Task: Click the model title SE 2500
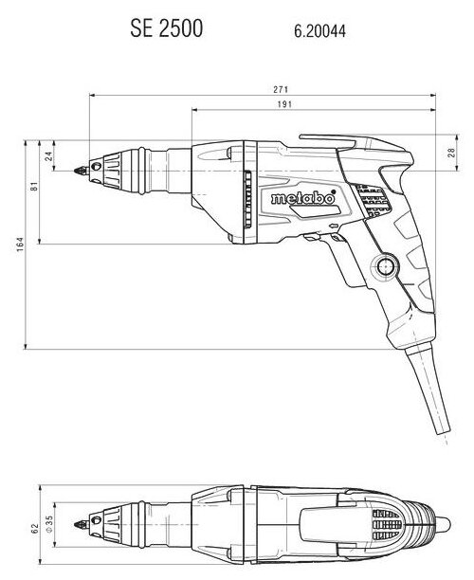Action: (x=167, y=28)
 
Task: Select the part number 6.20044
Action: (x=320, y=30)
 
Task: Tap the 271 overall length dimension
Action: (x=281, y=89)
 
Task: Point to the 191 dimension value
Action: (x=284, y=104)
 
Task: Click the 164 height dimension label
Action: (x=20, y=245)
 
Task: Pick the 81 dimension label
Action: (x=34, y=186)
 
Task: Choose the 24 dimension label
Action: (x=49, y=156)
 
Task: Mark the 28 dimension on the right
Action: (x=452, y=153)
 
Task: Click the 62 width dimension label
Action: (x=35, y=528)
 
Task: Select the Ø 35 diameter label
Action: (x=49, y=524)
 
